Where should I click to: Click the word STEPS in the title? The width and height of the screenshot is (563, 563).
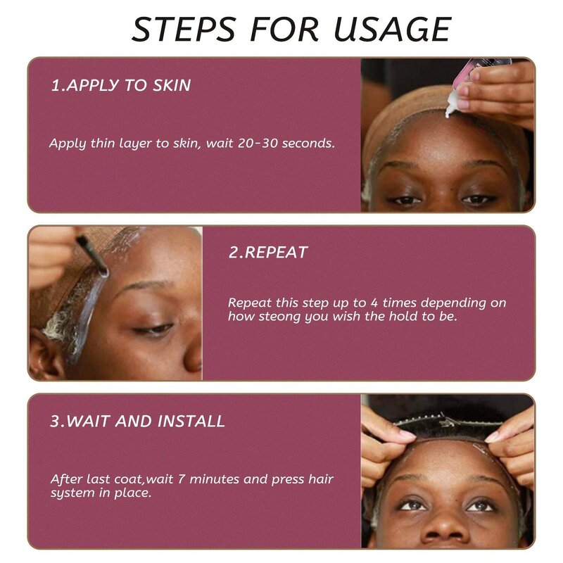coord(178,29)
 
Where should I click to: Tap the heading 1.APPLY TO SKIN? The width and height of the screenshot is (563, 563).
coord(120,86)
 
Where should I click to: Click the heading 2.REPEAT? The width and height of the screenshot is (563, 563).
coord(268,253)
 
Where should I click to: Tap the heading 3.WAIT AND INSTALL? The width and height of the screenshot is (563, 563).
coord(137,422)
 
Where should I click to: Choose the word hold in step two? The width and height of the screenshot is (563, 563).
coord(422,317)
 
